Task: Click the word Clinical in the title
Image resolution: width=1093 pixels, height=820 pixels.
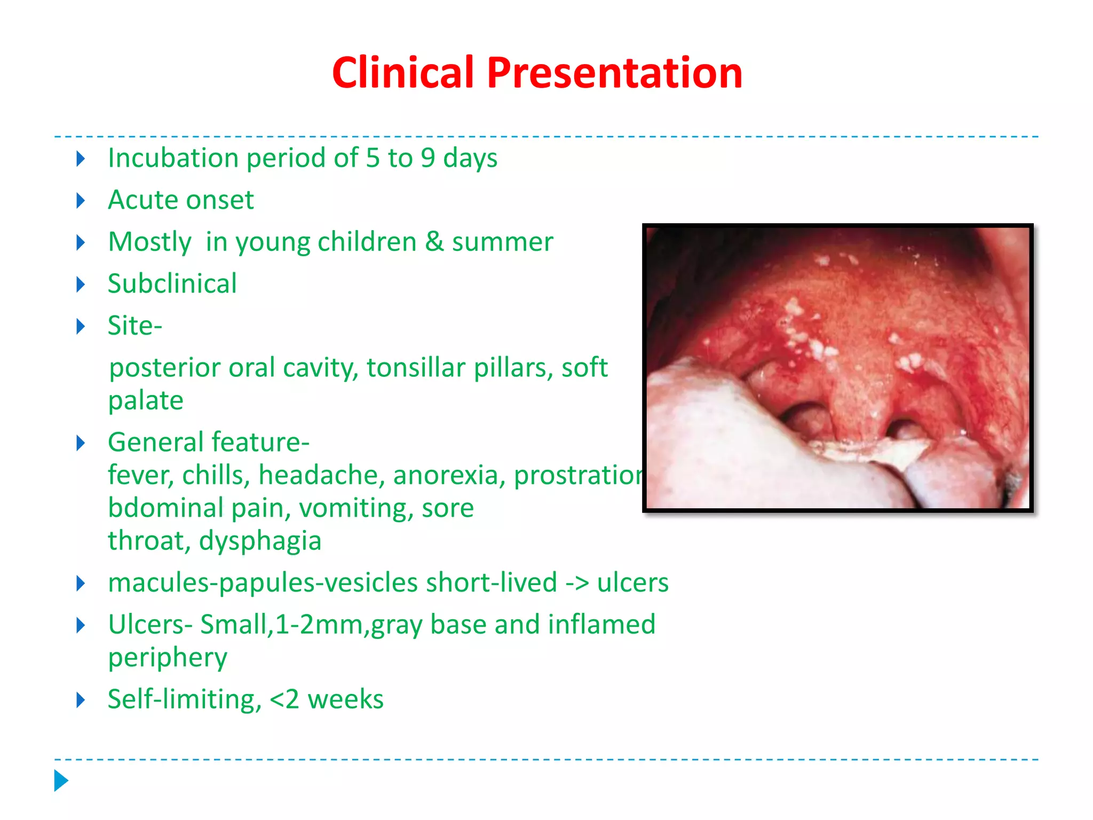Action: (402, 73)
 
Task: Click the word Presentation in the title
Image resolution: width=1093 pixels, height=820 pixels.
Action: (614, 73)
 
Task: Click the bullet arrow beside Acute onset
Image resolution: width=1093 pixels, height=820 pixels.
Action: (81, 201)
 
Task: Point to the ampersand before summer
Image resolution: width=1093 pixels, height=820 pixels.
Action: (435, 242)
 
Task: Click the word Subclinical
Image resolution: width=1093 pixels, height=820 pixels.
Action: (172, 283)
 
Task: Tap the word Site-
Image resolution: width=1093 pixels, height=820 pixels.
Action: (134, 326)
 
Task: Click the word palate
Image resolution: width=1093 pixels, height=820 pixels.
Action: (146, 400)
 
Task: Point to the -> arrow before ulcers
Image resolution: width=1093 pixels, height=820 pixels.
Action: (577, 582)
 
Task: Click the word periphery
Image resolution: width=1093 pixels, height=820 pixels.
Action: (168, 658)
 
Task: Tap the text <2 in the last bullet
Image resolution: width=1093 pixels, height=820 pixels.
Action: (284, 699)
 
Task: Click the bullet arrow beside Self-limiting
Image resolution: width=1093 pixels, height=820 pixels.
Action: (81, 700)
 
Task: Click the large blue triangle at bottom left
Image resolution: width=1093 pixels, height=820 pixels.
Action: (61, 780)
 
